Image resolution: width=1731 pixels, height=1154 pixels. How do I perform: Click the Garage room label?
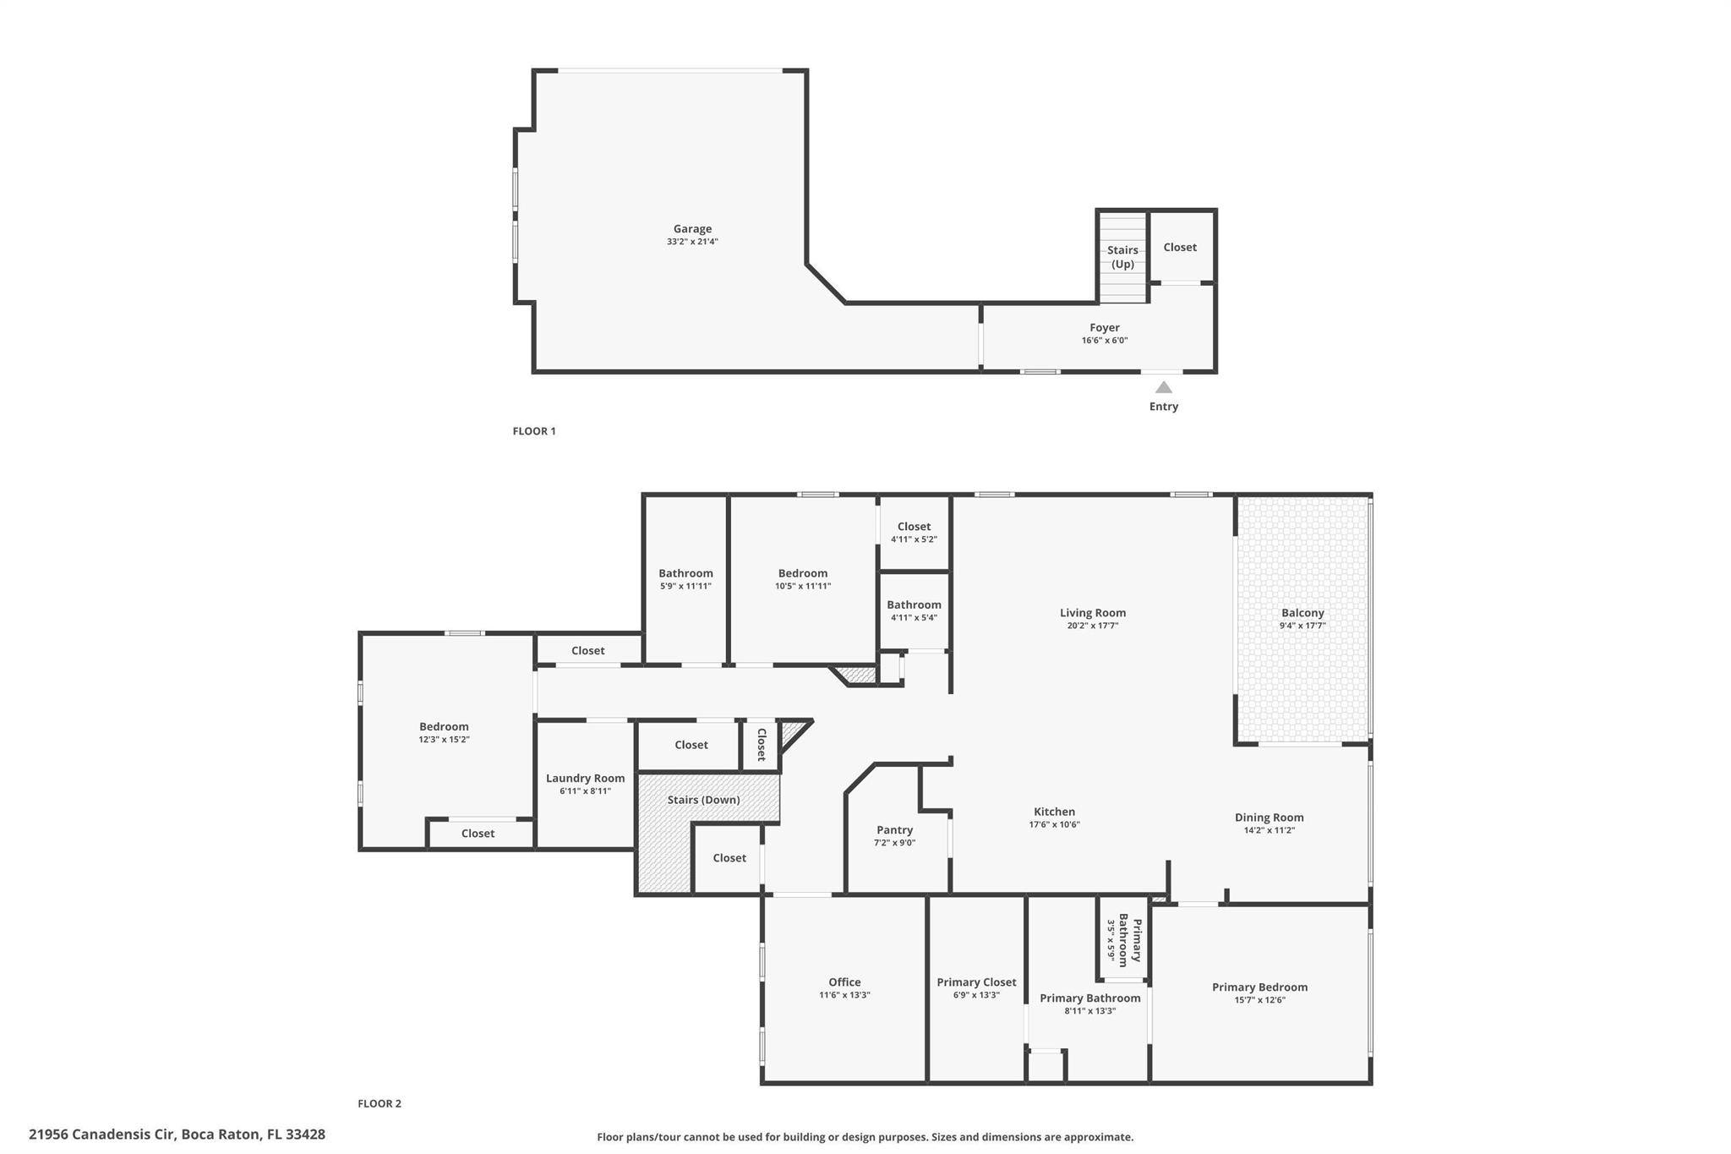coord(692,229)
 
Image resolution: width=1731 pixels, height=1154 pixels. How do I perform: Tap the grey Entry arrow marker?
coord(1164,388)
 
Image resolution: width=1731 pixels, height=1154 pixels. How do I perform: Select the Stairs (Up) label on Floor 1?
coord(1122,257)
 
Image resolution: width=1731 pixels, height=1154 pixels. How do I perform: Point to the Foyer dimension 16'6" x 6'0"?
coord(1105,341)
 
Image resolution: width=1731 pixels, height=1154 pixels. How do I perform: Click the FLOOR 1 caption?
coord(534,431)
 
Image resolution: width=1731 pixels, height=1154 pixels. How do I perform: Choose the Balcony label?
coord(1302,613)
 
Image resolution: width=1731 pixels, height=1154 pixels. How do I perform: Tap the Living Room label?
coord(1093,613)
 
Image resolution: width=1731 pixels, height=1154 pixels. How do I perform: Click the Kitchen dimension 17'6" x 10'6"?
coord(1054,825)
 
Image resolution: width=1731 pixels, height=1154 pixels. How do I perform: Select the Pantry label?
coord(894,830)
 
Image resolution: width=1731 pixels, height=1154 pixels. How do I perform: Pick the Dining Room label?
coord(1269,818)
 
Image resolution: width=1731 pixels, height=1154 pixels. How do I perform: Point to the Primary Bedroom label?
coord(1259,987)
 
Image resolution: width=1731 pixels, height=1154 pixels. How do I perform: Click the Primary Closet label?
coord(976,982)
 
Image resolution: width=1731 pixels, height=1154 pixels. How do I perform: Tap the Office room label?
coord(844,982)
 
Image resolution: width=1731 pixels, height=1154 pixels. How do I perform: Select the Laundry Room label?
coord(585,779)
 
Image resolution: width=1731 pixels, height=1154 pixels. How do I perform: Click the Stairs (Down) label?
coord(703,800)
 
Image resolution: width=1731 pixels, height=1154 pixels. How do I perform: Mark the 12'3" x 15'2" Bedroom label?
coord(444,727)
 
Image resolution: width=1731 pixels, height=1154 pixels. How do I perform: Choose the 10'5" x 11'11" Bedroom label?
coord(803,574)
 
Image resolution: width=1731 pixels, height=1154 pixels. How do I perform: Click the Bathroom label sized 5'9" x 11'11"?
coord(685,574)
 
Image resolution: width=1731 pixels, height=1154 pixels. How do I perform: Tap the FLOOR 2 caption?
coord(380,1103)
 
